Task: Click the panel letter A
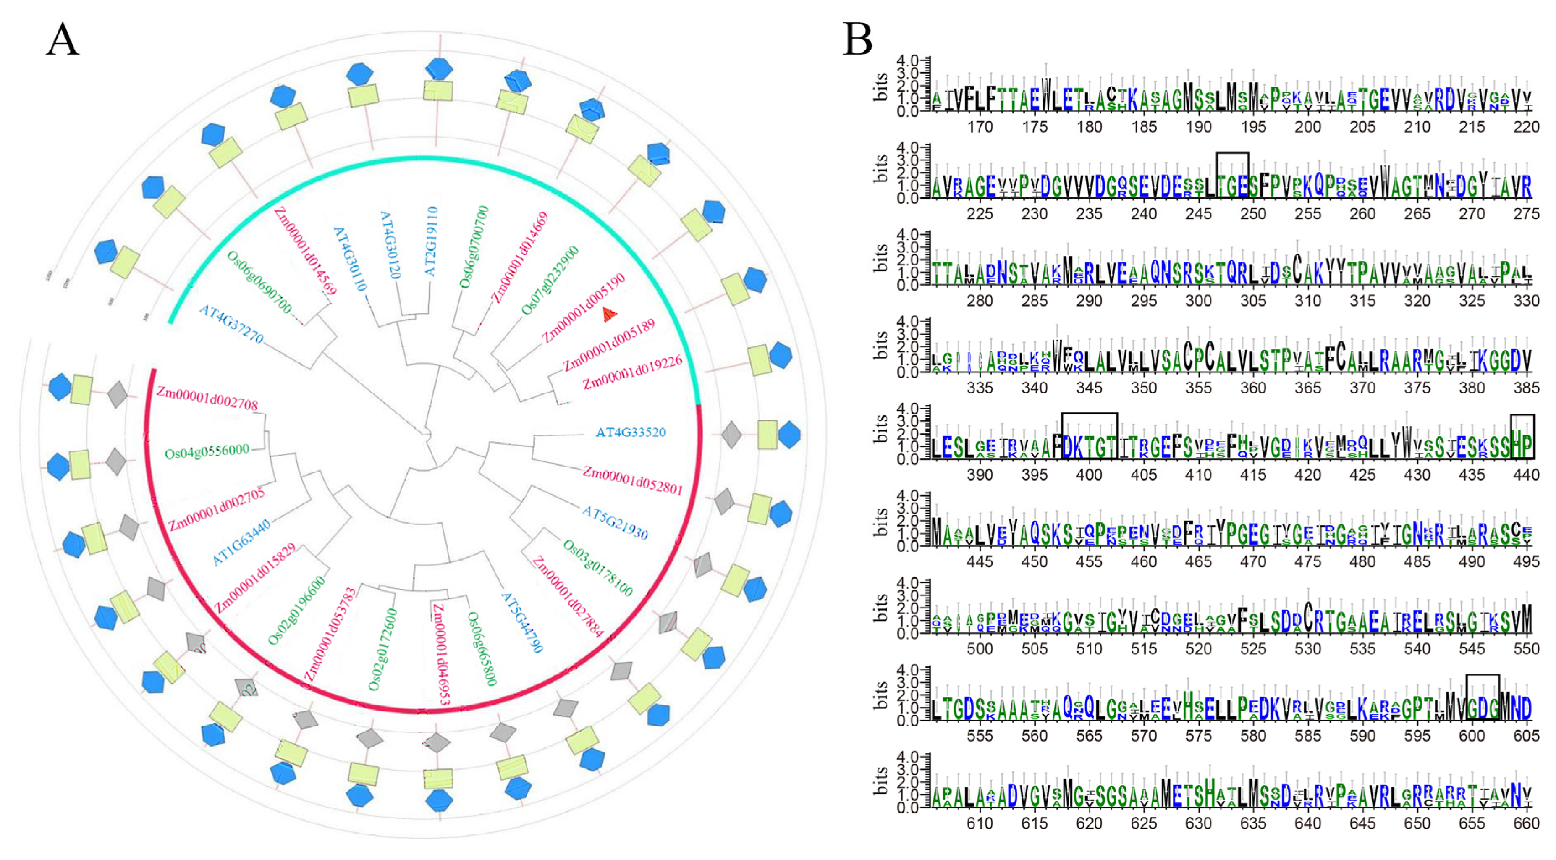coord(62,40)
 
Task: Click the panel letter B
coord(858,40)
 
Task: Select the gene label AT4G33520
coord(631,433)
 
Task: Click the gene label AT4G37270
coord(231,324)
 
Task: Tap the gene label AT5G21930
coord(614,523)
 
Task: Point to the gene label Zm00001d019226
coord(632,372)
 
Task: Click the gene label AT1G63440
coord(241,542)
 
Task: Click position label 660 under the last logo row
coord(1526,823)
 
